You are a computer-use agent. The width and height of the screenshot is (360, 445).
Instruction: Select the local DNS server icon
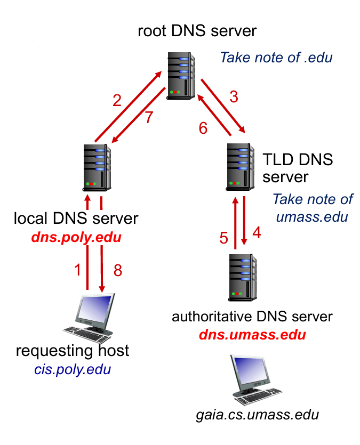97,166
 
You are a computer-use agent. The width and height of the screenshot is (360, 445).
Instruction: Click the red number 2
117,100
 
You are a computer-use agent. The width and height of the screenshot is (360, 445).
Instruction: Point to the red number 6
203,128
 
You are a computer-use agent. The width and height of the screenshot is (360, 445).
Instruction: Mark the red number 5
224,238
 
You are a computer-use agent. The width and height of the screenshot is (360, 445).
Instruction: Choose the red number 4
257,233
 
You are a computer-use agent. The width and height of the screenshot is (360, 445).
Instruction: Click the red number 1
78,270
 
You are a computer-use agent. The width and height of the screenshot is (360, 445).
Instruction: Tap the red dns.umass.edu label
252,335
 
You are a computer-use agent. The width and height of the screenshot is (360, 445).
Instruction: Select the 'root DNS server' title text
197,30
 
